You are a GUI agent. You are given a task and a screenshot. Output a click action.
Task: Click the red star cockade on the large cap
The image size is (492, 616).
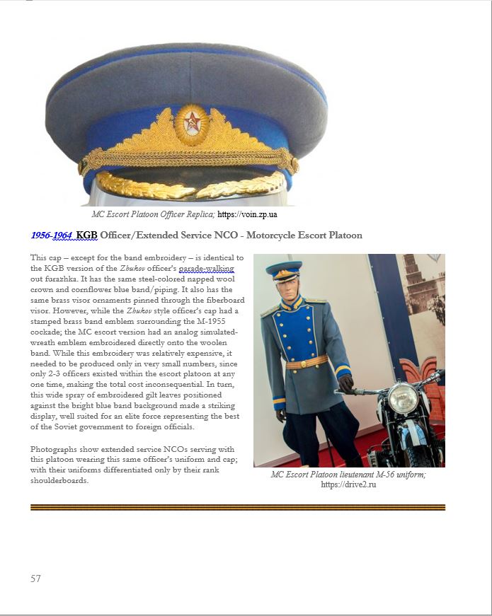coord(191,125)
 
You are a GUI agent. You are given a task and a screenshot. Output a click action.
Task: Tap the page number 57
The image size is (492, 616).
coord(35,579)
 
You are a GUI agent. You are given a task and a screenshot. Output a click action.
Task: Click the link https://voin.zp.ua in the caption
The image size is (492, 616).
coord(247,214)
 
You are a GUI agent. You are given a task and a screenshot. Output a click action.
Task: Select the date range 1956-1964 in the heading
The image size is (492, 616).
coord(51,236)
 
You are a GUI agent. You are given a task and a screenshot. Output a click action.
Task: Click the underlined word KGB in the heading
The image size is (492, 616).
coord(86,236)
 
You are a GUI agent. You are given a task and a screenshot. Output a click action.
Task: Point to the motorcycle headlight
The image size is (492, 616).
coord(402,397)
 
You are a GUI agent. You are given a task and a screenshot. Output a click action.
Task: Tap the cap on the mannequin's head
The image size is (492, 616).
coord(283,269)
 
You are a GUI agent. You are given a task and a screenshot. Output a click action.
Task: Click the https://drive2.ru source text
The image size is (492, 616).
coord(348,484)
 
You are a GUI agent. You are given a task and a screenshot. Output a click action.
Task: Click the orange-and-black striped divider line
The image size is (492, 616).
coord(238,507)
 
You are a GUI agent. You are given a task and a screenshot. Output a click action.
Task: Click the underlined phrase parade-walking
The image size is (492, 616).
coord(207,269)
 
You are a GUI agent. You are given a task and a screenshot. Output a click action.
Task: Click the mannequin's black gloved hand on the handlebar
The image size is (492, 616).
coord(345,384)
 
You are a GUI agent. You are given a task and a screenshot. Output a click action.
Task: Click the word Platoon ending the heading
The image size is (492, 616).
coord(341,236)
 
